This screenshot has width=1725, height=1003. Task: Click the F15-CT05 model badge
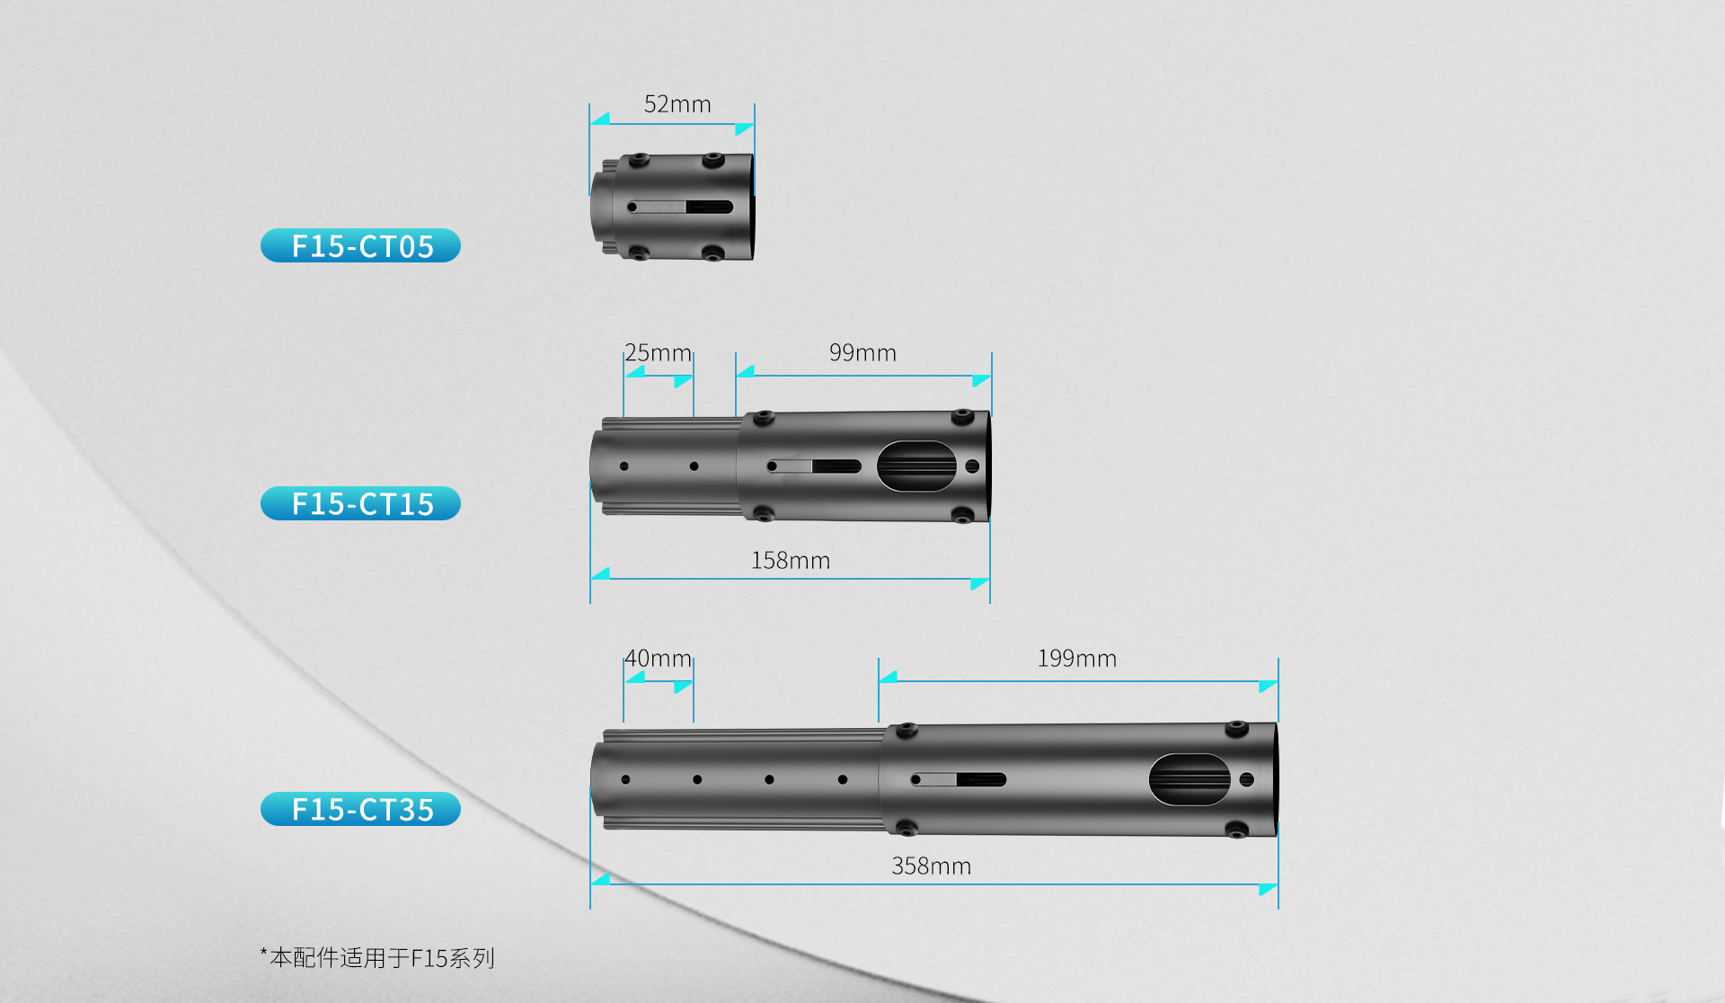pyautogui.click(x=360, y=245)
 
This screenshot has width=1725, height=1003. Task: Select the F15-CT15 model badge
pyautogui.click(x=360, y=503)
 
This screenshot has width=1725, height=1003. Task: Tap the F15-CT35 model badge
pyautogui.click(x=360, y=809)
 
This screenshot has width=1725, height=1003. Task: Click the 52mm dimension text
pyautogui.click(x=677, y=104)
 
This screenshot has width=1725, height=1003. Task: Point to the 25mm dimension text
pyautogui.click(x=658, y=352)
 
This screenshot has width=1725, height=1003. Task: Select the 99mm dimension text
pyautogui.click(x=862, y=352)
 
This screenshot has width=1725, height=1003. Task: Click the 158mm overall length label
pyautogui.click(x=791, y=560)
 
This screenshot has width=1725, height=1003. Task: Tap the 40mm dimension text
pyautogui.click(x=658, y=658)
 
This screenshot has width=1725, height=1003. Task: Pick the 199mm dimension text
pyautogui.click(x=1077, y=658)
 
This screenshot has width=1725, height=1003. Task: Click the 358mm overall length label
pyautogui.click(x=931, y=865)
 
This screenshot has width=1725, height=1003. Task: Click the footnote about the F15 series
pyautogui.click(x=377, y=958)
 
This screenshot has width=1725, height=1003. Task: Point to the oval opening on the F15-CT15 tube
pyautogui.click(x=916, y=466)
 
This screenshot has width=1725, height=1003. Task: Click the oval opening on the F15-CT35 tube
pyautogui.click(x=1190, y=779)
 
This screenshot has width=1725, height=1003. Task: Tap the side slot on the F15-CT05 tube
pyautogui.click(x=680, y=207)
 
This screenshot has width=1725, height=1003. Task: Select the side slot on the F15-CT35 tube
pyautogui.click(x=959, y=779)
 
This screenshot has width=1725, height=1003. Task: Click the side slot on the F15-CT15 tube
pyautogui.click(x=814, y=466)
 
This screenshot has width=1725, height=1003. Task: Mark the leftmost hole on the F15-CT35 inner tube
pyautogui.click(x=625, y=779)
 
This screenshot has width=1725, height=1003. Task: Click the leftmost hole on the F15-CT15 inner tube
pyautogui.click(x=624, y=466)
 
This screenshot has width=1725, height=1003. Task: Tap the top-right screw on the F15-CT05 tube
pyautogui.click(x=712, y=160)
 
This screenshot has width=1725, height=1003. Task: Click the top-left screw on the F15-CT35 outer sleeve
pyautogui.click(x=907, y=730)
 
